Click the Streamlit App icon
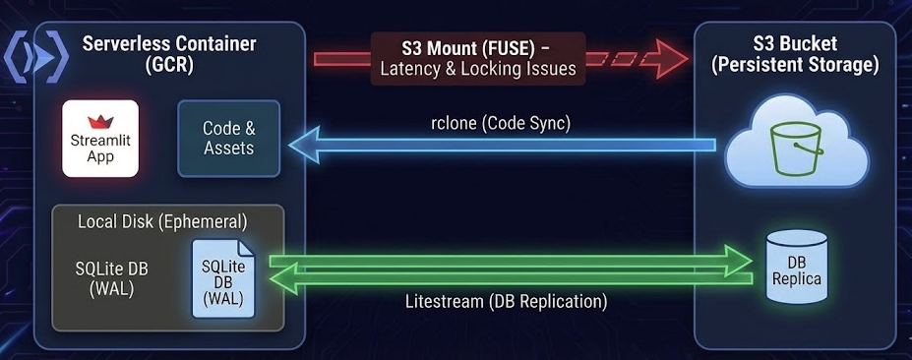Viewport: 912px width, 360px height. (x=100, y=139)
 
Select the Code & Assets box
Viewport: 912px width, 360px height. (x=228, y=139)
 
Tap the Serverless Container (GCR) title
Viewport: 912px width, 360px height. (x=168, y=54)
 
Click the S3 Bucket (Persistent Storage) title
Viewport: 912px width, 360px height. (x=796, y=54)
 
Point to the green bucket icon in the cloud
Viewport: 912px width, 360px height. (x=795, y=148)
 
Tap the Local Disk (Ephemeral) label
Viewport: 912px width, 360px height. (x=162, y=220)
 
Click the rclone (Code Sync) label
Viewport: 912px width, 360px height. (x=507, y=124)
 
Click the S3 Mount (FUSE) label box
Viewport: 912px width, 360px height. (x=478, y=58)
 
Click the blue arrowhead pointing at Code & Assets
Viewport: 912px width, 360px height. (x=300, y=146)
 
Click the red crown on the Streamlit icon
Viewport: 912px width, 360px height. (x=100, y=122)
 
